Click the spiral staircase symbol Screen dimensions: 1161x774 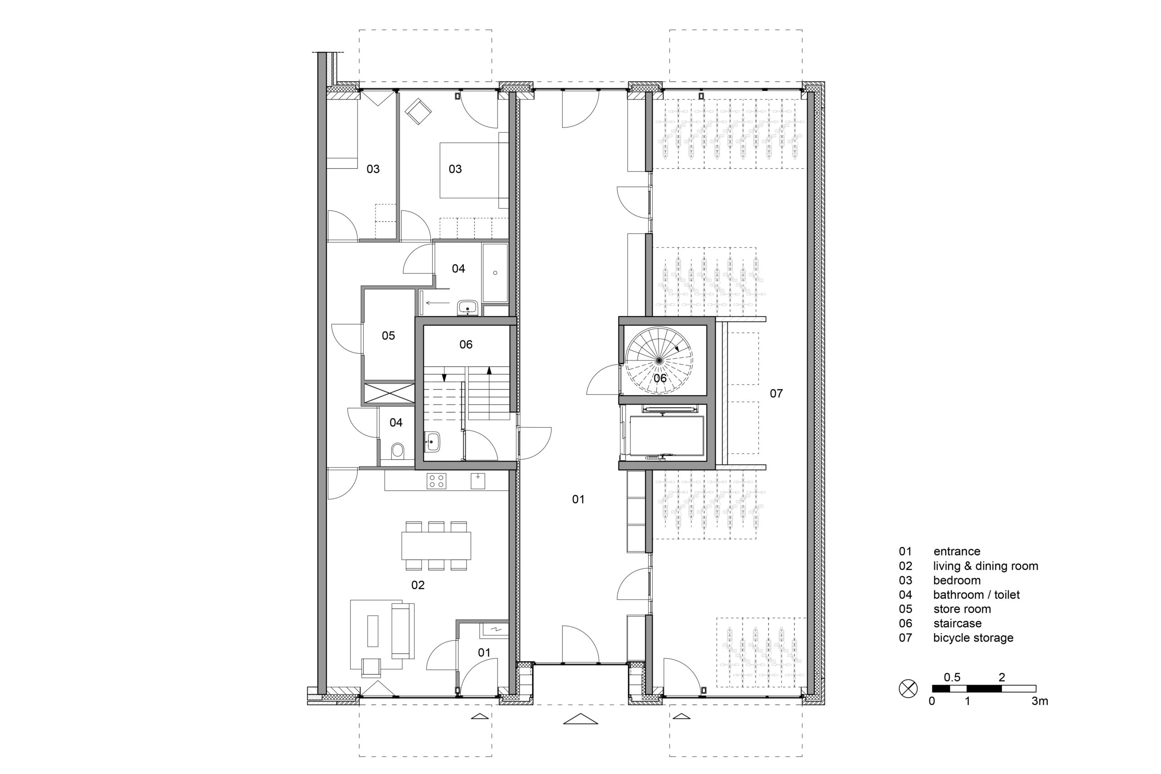659,361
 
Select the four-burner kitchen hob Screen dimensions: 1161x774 436,481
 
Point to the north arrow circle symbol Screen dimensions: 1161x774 908,689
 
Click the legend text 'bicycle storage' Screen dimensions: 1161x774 973,638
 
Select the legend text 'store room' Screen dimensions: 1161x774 962,609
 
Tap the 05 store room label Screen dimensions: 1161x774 389,336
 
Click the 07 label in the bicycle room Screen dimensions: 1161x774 776,394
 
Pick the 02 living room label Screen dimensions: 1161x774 418,585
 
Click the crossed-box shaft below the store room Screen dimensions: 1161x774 389,394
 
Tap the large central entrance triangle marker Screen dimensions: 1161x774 580,719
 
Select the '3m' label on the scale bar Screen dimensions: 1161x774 1039,701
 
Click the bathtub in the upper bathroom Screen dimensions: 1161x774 495,273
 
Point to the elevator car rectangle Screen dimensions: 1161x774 667,435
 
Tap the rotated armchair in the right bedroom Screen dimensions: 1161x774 418,111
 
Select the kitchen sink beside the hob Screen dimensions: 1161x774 478,481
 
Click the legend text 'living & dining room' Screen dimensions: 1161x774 985,566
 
